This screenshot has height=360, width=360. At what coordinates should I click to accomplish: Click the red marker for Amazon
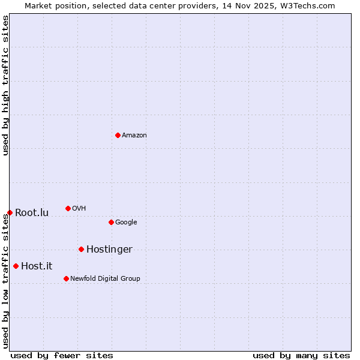point(118,135)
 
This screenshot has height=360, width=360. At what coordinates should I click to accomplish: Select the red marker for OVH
point(68,208)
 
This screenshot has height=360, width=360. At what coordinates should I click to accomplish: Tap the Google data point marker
point(111,222)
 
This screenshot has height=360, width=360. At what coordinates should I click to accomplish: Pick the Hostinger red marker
point(81,249)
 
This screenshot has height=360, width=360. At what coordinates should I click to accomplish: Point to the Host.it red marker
point(16,266)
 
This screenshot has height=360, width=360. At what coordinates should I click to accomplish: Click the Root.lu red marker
point(10,212)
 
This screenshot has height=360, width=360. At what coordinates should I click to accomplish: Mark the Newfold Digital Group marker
point(66,278)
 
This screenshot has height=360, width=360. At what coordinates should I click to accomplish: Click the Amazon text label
point(134,136)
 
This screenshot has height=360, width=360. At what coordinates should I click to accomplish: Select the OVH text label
point(79,209)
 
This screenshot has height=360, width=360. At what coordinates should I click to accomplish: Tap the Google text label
point(126,223)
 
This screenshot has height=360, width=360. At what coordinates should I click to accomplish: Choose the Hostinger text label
point(109,250)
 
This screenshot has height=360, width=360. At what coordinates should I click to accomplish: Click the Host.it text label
point(37,266)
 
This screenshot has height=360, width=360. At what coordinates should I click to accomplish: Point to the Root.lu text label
point(32,213)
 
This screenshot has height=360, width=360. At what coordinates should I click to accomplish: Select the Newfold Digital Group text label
point(105,279)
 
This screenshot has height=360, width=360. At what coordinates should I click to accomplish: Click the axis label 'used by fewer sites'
point(62,355)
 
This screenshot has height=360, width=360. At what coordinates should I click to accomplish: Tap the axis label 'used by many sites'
point(301,355)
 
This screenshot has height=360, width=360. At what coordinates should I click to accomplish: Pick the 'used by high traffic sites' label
point(6,86)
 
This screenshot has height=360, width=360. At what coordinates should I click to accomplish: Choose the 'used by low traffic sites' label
point(6,281)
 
